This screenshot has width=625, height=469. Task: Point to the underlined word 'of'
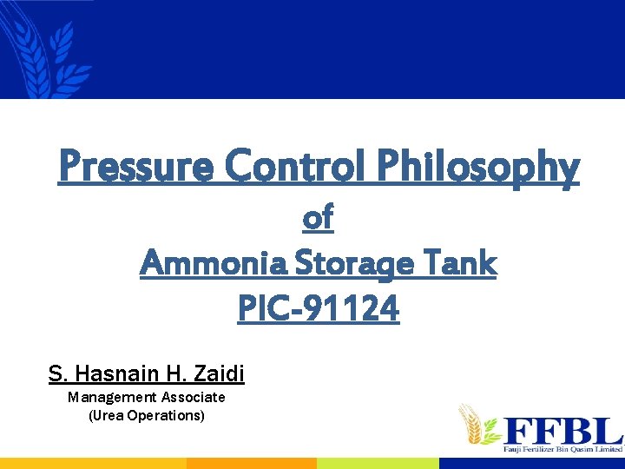pyautogui.click(x=318, y=218)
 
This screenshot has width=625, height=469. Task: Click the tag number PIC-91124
pyautogui.click(x=319, y=307)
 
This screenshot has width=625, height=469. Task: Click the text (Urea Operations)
pyautogui.click(x=147, y=415)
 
